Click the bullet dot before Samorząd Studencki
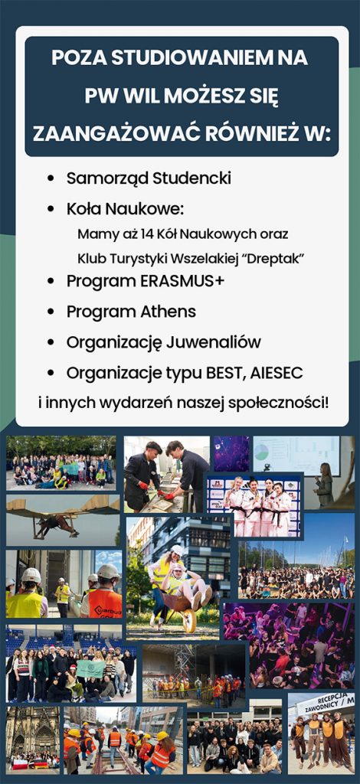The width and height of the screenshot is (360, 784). click(51, 178)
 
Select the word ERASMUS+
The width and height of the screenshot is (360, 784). click(182, 281)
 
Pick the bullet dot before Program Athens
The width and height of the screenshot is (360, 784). click(51, 312)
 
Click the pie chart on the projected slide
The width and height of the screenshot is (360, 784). click(261, 452)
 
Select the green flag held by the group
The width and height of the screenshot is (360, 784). click(90, 669)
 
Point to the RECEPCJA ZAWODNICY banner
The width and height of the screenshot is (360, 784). click(325, 704)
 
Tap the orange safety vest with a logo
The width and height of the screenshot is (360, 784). click(105, 603)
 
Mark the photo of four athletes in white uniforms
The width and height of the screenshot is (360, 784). click(254, 505)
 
